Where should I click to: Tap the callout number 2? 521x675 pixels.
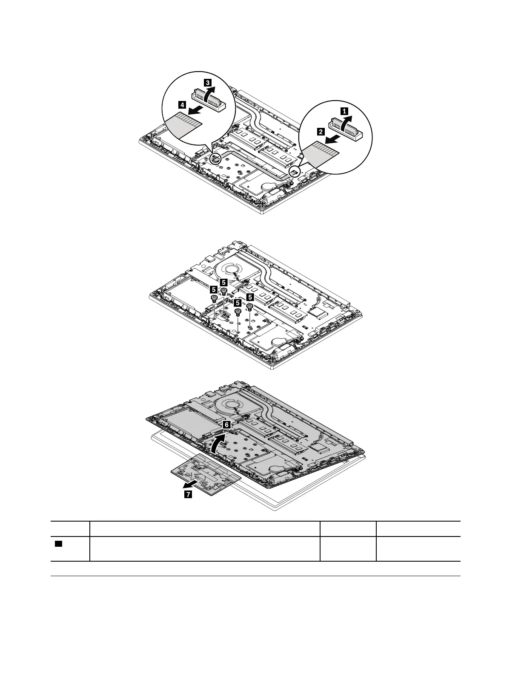pyautogui.click(x=321, y=132)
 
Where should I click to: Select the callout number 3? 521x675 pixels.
pyautogui.click(x=207, y=82)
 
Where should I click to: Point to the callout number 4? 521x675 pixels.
pyautogui.click(x=182, y=104)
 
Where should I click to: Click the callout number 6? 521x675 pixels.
pyautogui.click(x=227, y=425)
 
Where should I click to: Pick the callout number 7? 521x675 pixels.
pyautogui.click(x=188, y=495)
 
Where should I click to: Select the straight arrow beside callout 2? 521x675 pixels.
pyautogui.click(x=332, y=138)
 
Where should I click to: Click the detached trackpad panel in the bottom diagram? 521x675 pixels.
pyautogui.click(x=206, y=473)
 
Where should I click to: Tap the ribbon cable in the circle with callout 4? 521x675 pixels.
pyautogui.click(x=184, y=126)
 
